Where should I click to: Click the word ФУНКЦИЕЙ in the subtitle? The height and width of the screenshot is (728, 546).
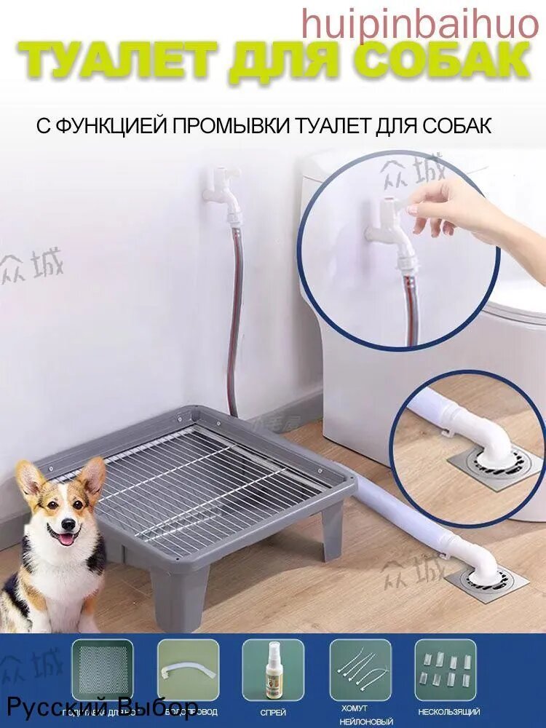[111, 125]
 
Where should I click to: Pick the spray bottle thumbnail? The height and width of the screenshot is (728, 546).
[273, 669]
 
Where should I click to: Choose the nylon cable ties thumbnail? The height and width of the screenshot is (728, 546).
[360, 669]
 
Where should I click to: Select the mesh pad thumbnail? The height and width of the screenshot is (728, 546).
[102, 669]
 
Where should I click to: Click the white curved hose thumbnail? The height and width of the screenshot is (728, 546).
[188, 669]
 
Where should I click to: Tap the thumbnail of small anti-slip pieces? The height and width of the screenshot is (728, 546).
[446, 669]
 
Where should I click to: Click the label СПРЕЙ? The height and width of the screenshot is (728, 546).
[273, 711]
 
